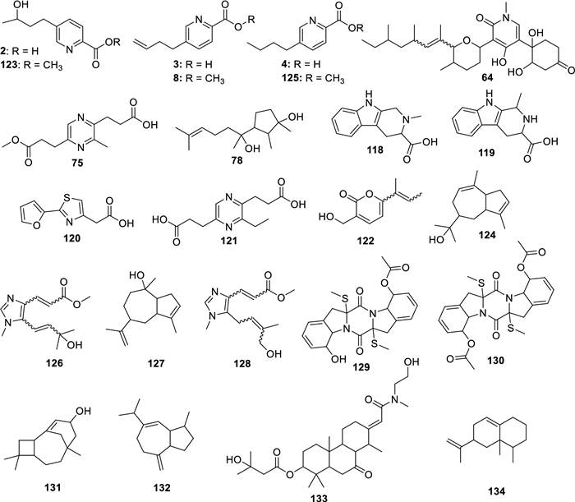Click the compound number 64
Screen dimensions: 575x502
[488, 77]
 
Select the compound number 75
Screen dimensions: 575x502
[78, 162]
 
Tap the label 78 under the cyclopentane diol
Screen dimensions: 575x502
[237, 160]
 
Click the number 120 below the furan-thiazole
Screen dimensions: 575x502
[72, 238]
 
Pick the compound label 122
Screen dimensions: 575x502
[366, 241]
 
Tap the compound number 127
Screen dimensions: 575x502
[156, 363]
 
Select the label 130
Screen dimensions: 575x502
[495, 360]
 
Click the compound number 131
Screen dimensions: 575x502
[52, 487]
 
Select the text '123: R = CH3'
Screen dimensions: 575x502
[31, 66]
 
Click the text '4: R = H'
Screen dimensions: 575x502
[302, 64]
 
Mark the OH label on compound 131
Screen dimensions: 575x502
[82, 411]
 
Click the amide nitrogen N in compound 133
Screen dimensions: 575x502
[396, 399]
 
